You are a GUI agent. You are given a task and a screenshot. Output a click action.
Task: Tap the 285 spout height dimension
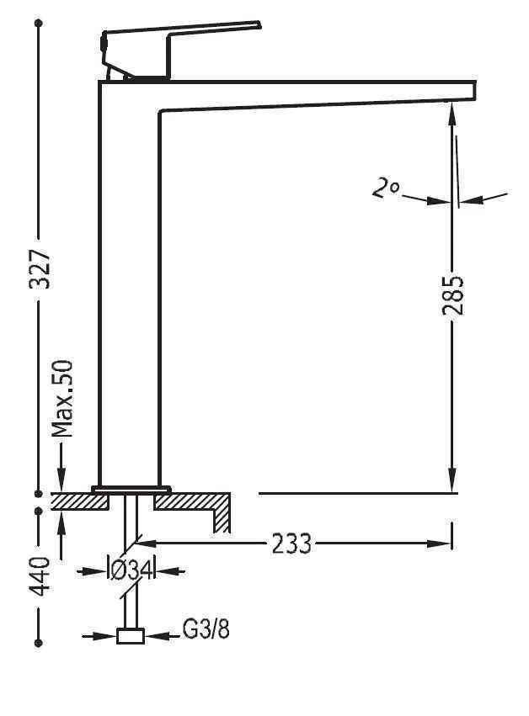coord(453,294)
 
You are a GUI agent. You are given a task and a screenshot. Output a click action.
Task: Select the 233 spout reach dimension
coord(291,544)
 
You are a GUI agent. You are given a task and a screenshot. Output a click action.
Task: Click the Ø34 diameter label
coord(130,570)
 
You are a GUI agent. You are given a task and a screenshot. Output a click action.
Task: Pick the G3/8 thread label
coord(206,630)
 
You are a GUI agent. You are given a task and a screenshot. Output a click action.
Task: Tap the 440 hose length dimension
coord(40,574)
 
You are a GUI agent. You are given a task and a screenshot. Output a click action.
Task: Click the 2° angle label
coord(385,188)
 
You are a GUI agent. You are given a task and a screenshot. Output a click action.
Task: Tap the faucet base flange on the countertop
coord(131,489)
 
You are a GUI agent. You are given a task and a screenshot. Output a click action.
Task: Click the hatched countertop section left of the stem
coord(81,501)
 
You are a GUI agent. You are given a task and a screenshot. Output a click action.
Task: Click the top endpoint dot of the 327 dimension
coord(39,23)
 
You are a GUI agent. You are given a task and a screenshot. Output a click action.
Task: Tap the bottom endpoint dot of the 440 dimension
coord(39,643)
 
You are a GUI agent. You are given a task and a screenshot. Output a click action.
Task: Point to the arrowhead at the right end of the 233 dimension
coord(441,544)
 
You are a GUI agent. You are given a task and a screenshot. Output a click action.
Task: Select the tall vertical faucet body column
coord(129,286)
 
